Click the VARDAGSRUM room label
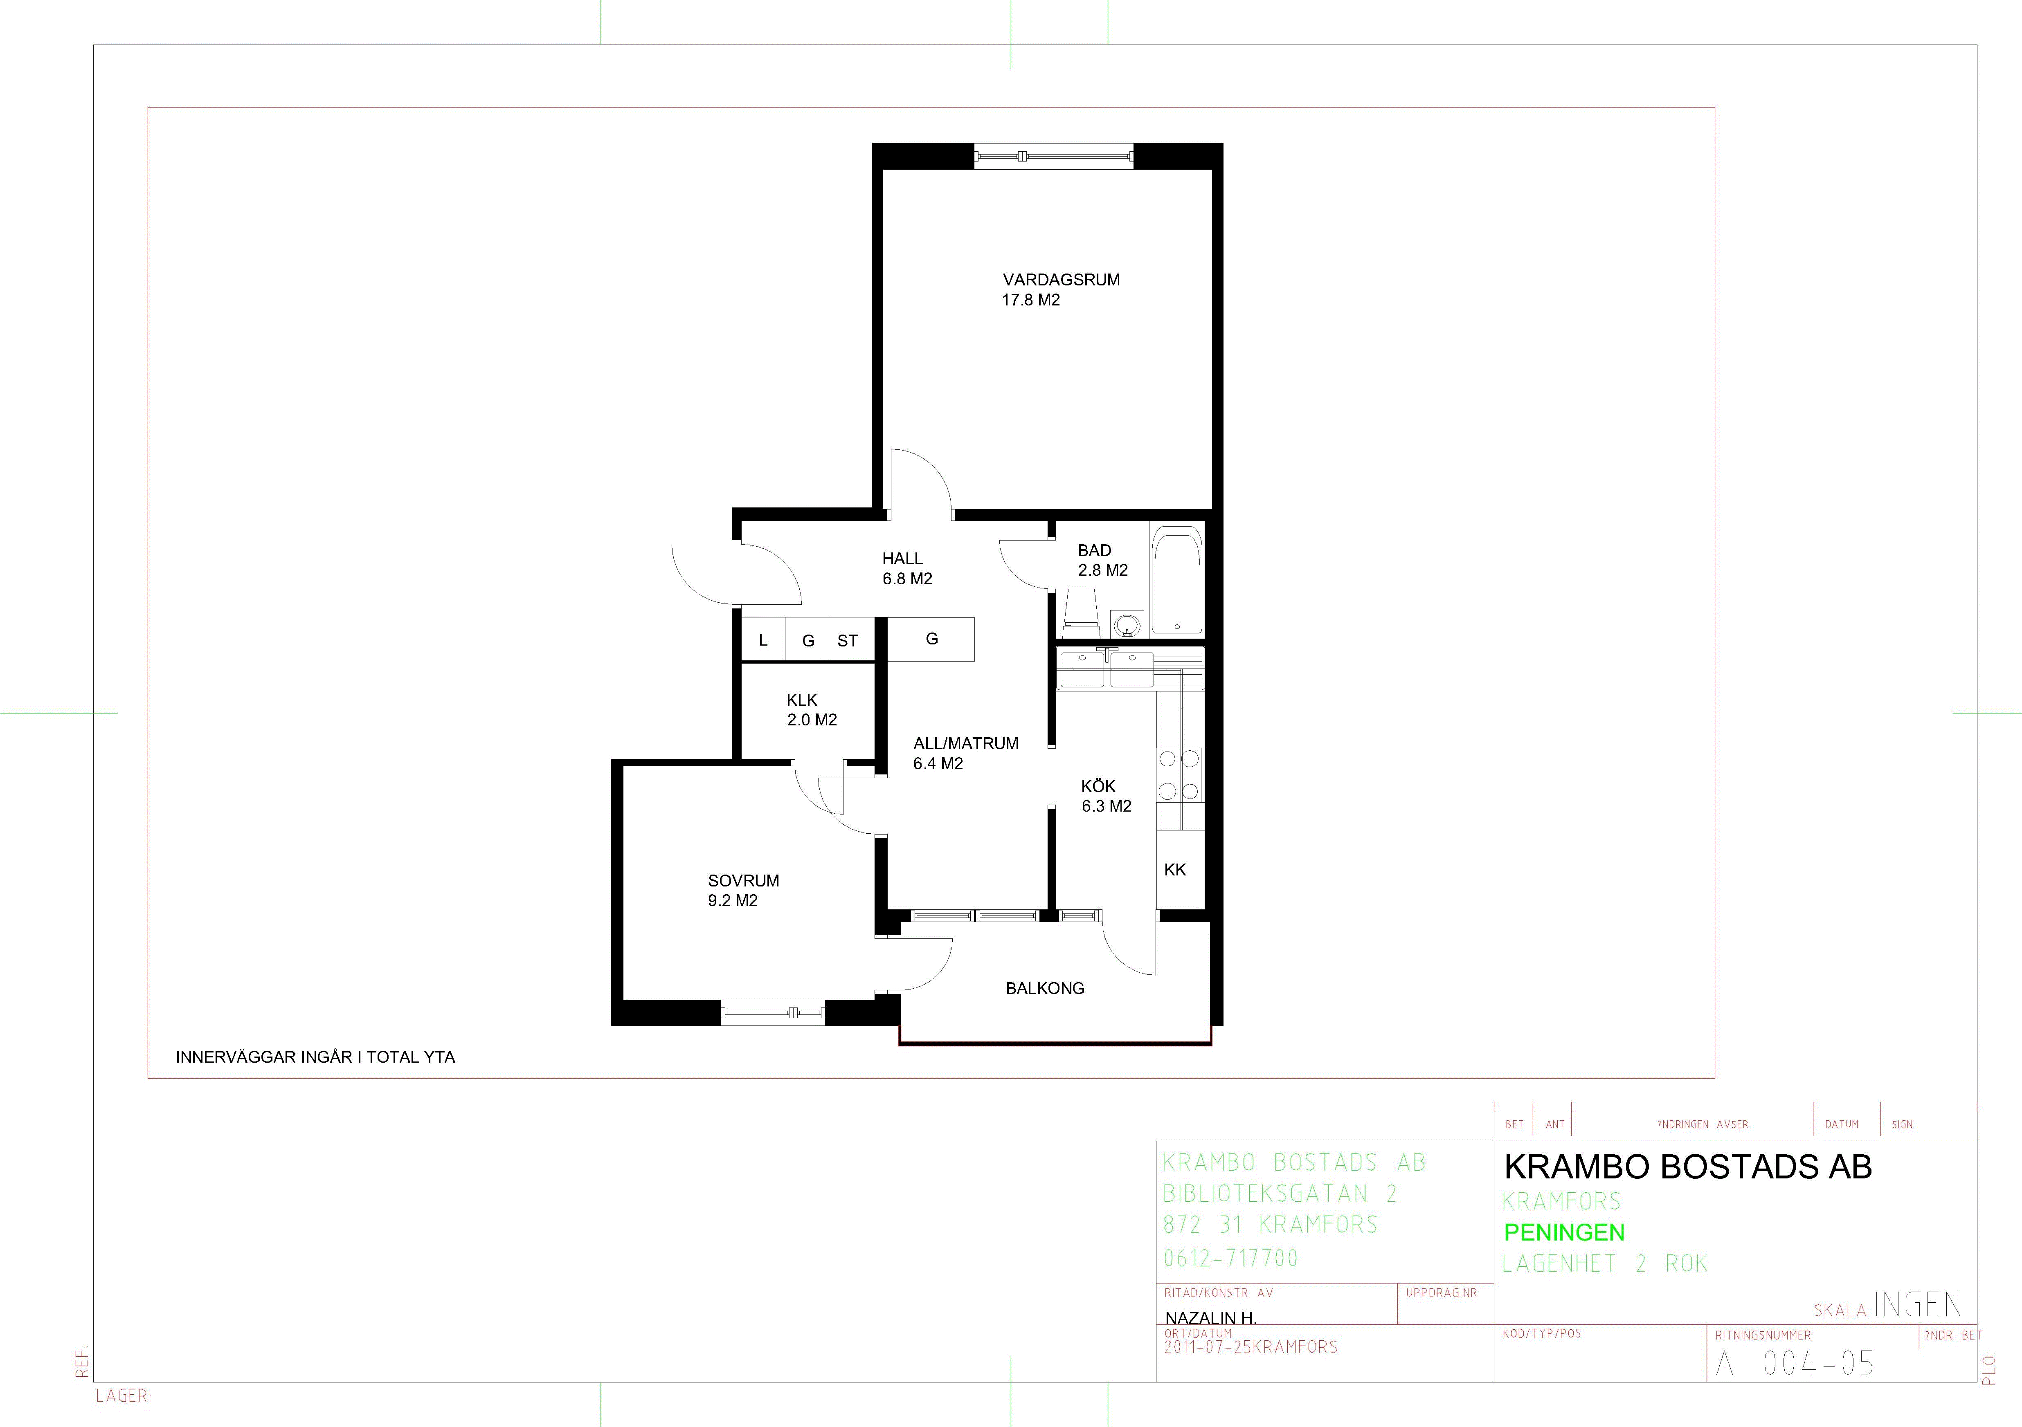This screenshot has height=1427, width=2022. click(1061, 280)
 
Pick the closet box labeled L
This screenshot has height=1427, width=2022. click(762, 640)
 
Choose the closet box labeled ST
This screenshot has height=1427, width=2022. click(851, 640)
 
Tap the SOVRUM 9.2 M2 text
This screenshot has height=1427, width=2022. click(743, 890)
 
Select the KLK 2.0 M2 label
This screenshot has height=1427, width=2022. click(811, 709)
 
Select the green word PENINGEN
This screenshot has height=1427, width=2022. click(1564, 1232)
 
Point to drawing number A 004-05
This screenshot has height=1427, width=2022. click(1795, 1364)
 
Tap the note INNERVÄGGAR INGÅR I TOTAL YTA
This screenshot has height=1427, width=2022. click(315, 1057)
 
